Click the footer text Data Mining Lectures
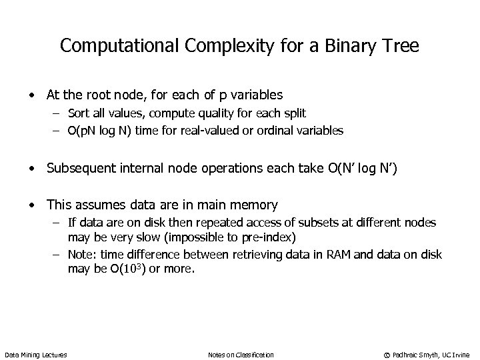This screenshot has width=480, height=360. coord(36,355)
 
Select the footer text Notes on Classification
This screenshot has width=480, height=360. coord(241,355)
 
